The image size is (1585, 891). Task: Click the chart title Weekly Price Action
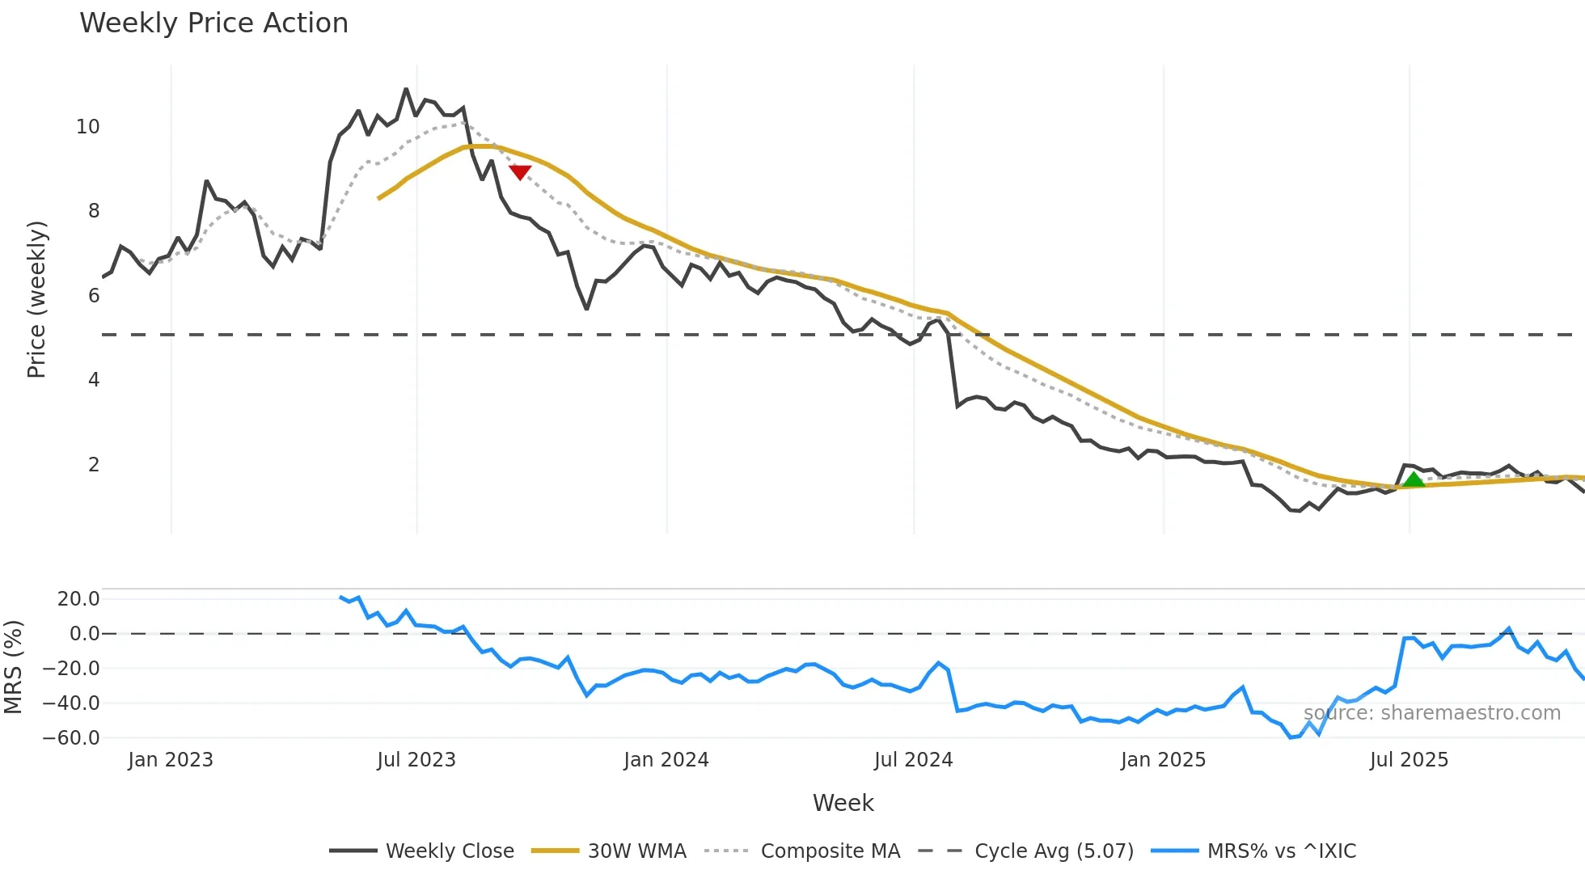point(213,23)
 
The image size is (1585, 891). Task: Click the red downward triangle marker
point(520,172)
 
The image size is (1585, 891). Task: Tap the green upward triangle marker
point(1413,479)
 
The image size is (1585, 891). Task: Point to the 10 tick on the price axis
point(87,127)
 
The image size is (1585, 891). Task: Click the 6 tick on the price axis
point(94,296)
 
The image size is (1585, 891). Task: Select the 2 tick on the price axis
point(94,465)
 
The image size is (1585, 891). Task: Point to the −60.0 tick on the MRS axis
point(71,738)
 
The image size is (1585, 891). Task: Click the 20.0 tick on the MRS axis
point(78,599)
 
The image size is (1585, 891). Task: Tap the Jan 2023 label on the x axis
point(171,760)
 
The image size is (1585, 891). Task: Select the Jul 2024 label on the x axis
point(914,760)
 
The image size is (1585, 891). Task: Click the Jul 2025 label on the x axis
point(1409,760)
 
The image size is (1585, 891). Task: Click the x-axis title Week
point(843,803)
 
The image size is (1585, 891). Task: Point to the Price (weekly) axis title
point(37,299)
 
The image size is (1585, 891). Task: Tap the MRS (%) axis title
point(14,667)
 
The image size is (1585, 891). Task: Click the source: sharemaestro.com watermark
point(1431,713)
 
